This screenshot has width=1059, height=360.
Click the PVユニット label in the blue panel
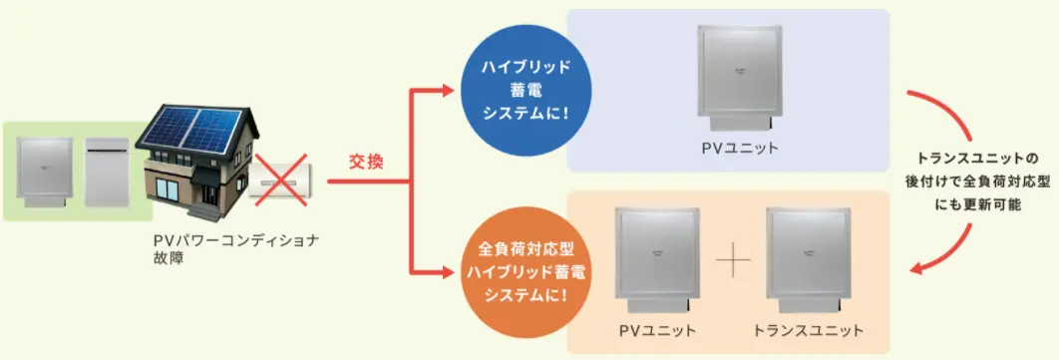[737, 148]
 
